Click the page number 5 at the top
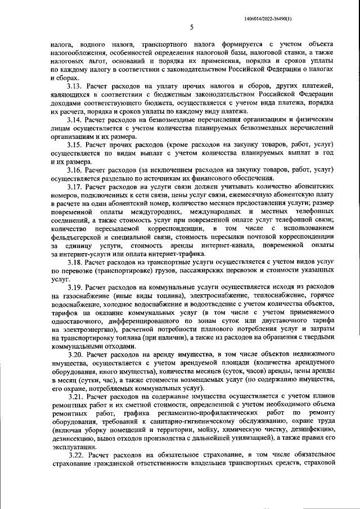click(x=191, y=26)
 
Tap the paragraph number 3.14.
click(x=76, y=120)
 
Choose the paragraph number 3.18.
click(x=76, y=262)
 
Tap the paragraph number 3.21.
click(x=76, y=397)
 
